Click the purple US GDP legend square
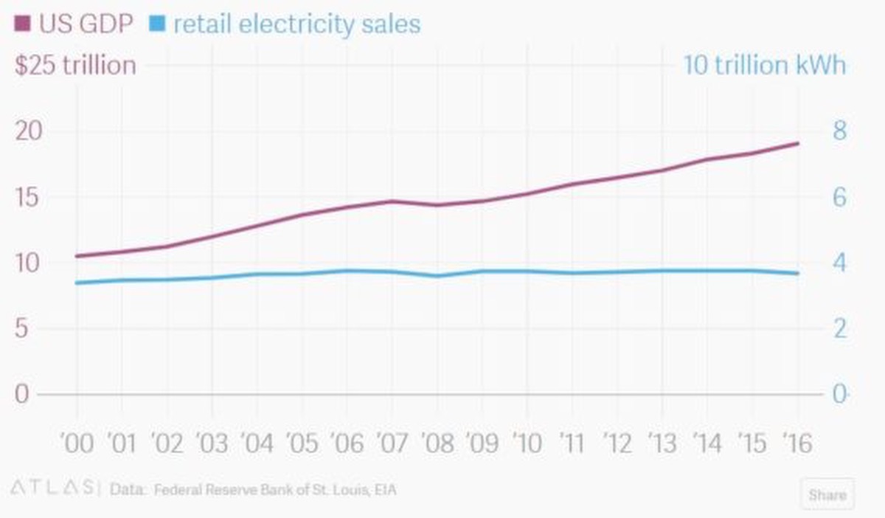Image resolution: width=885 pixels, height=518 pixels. (x=22, y=25)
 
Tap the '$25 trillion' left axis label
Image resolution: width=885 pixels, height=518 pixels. (x=75, y=65)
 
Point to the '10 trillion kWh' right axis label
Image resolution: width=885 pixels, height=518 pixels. (x=764, y=65)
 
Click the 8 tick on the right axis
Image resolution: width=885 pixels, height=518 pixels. (x=840, y=131)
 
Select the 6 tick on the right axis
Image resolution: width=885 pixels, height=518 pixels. (x=840, y=197)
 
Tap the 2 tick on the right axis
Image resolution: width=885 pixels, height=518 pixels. (x=840, y=328)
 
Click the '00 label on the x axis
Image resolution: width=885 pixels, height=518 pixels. (x=77, y=443)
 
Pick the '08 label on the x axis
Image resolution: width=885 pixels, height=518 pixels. (x=437, y=443)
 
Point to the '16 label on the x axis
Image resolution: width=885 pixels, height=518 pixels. (x=796, y=443)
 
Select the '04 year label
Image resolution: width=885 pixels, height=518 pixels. (x=257, y=443)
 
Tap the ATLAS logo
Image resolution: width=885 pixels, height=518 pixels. (x=52, y=488)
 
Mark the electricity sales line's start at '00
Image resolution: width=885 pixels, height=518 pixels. (x=77, y=283)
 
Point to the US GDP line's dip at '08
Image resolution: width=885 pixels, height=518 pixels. (x=437, y=204)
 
